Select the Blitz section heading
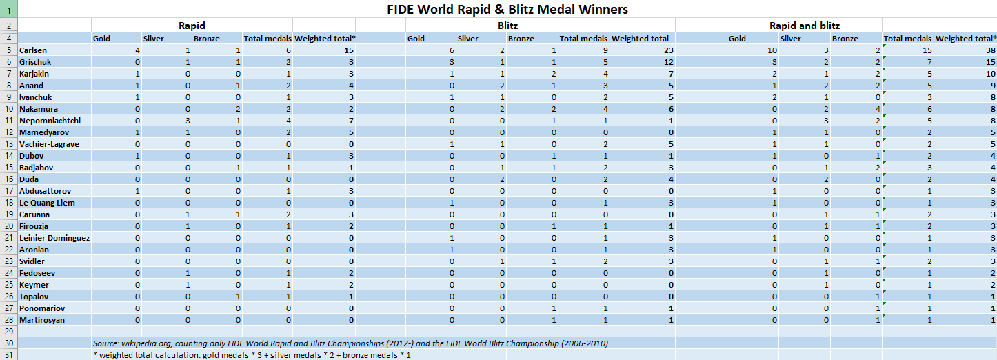pyautogui.click(x=508, y=26)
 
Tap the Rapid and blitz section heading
pyautogui.click(x=805, y=26)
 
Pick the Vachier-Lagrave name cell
pyautogui.click(x=50, y=144)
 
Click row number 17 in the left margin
pyautogui.click(x=8, y=191)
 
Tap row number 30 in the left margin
pyautogui.click(x=8, y=343)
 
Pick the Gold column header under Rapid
pyautogui.click(x=101, y=39)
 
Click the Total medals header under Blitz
pyautogui.click(x=583, y=39)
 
